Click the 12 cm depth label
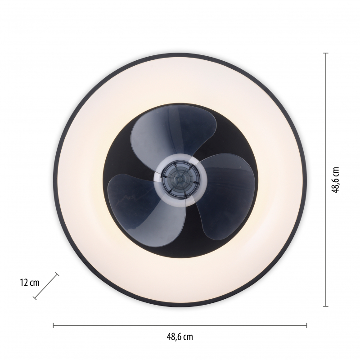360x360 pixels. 30,283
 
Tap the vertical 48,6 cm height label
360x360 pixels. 335,180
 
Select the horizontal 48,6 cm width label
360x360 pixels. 180,337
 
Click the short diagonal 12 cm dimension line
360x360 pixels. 46,286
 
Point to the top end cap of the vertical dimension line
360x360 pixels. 325,53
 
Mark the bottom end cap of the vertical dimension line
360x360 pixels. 325,306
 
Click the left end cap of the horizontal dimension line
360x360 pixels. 53,325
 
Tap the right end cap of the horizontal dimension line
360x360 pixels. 306,325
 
